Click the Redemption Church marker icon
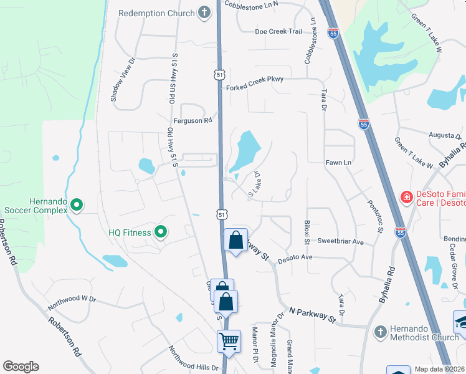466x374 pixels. tap(204, 13)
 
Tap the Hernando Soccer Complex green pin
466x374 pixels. tap(77, 204)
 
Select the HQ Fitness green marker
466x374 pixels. tap(161, 233)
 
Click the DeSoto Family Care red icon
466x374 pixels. tap(406, 197)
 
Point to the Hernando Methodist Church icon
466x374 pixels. tap(379, 332)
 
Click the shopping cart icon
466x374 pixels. tap(229, 341)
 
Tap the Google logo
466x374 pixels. tap(21, 367)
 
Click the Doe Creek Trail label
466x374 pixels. tap(278, 32)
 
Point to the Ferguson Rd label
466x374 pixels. tap(193, 121)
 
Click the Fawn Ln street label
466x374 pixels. tap(338, 163)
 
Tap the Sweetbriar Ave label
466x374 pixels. tap(340, 241)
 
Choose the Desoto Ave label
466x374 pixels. tap(295, 257)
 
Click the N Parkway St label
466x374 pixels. tap(312, 314)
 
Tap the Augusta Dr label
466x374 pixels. tap(444, 135)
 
